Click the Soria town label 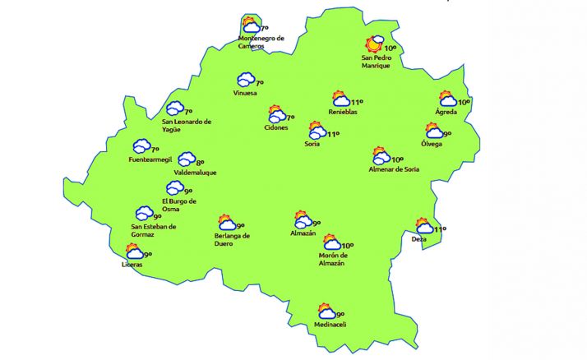point(312,144)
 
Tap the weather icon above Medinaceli point(326,312)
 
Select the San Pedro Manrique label point(380,62)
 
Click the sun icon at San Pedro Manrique point(377,44)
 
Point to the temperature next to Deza point(440,229)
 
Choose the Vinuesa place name point(245,93)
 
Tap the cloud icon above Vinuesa point(245,80)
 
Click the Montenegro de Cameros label point(261,42)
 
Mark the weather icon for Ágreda point(448,99)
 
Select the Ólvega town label point(431,144)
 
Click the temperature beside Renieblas point(357,103)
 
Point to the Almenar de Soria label point(395,169)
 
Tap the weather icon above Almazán point(303,219)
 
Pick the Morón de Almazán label point(330,259)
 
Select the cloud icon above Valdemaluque point(187,159)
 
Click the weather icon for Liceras point(134,252)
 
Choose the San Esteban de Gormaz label point(155,231)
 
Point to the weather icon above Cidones point(277,115)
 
